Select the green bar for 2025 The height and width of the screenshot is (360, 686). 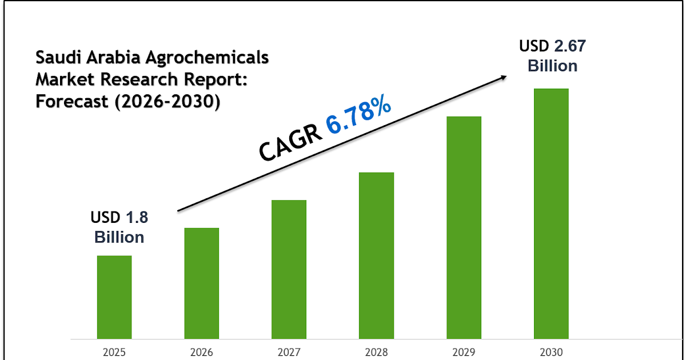click(114, 297)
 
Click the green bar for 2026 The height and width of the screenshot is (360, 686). click(201, 283)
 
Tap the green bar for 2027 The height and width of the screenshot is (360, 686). click(289, 269)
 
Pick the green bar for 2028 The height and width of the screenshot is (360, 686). click(376, 255)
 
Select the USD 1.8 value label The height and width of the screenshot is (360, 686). click(123, 218)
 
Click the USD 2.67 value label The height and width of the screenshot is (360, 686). click(552, 46)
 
